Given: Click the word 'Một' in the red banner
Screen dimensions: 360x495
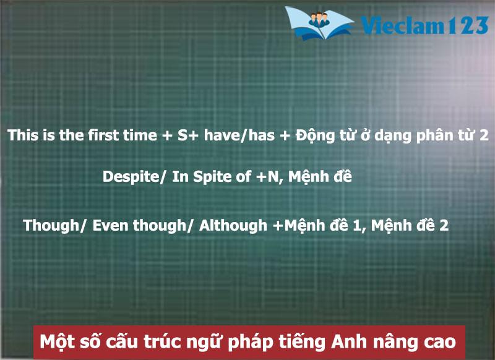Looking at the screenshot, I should click(56, 341).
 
